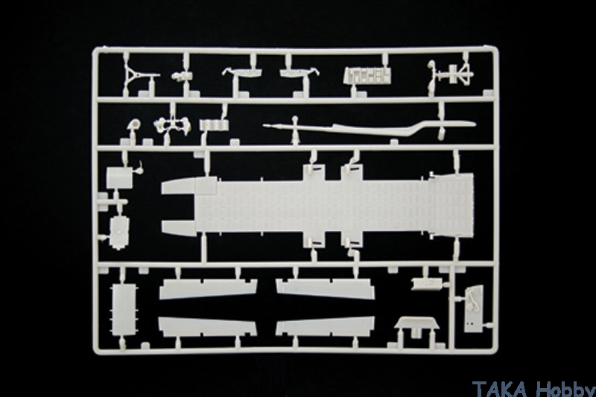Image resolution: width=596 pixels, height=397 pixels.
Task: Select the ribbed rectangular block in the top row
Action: click(367, 75)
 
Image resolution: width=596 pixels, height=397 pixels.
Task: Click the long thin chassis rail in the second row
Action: click(369, 127)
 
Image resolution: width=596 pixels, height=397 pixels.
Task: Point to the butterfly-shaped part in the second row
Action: click(172, 124)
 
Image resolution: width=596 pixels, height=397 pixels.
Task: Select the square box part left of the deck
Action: click(119, 178)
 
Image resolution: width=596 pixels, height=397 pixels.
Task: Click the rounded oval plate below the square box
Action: click(119, 233)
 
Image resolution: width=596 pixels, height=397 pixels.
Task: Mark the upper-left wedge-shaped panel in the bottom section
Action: click(209, 289)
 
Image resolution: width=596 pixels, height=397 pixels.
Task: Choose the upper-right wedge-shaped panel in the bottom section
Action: click(326, 289)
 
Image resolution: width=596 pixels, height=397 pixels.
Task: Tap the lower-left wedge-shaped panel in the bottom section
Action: click(208, 327)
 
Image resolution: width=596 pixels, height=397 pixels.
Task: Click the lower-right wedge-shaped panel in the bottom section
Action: click(326, 327)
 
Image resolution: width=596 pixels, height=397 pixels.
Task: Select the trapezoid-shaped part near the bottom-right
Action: click(417, 324)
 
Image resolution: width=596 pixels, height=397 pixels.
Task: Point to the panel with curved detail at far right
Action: click(474, 308)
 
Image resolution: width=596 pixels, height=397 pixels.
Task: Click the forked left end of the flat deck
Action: click(179, 207)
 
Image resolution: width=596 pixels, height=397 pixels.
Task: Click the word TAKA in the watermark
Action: click(500, 389)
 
